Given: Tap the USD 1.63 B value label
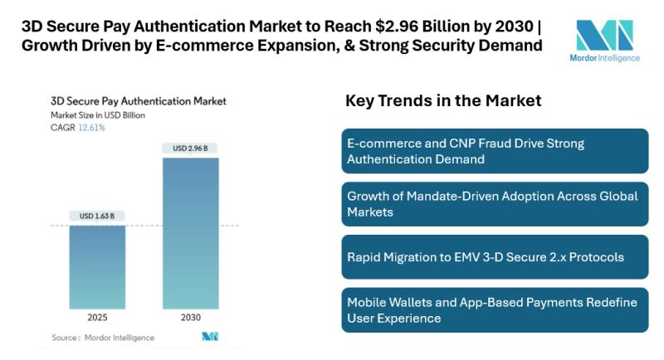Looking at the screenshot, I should point(97,216).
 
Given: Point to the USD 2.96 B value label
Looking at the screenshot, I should point(190,148).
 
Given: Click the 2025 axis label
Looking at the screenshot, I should point(97,317).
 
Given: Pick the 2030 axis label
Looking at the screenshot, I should point(190,317).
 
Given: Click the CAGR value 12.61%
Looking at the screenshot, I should point(91,127).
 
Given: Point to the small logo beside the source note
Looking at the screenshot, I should point(208,337).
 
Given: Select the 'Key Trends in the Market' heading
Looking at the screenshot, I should point(443,101).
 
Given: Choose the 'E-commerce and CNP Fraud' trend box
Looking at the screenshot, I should point(495,151).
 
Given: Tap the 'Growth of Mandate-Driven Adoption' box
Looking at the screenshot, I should point(495,203).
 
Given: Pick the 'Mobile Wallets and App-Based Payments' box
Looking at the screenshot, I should point(495,309).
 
